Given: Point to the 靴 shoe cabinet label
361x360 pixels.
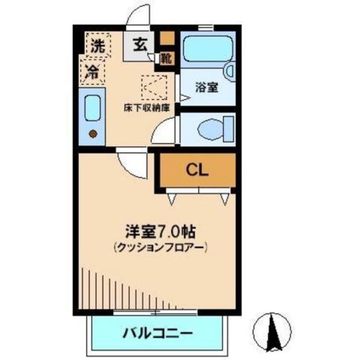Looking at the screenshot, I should click(166, 57).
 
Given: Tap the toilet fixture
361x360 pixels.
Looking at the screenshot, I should click(212, 128).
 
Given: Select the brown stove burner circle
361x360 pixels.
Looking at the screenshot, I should click(93, 134).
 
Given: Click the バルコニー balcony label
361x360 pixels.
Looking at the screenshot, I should click(158, 332).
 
